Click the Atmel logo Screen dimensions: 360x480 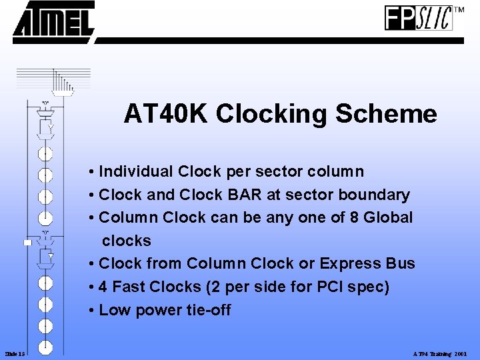[53, 22]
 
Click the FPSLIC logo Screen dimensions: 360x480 [418, 18]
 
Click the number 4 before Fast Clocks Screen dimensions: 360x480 [103, 287]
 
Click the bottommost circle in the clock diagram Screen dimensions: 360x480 [45, 347]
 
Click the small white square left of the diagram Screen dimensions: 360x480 [27, 243]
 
